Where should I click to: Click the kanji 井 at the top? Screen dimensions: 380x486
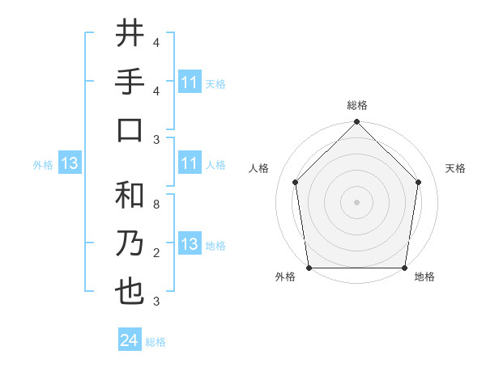(x=130, y=33)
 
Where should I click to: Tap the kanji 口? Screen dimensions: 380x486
(x=130, y=129)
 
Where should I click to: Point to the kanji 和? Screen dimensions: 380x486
(x=130, y=196)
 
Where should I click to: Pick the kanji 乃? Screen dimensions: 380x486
(x=130, y=244)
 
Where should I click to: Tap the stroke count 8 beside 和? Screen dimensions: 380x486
(x=156, y=205)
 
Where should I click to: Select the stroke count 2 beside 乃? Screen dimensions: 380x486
(x=156, y=253)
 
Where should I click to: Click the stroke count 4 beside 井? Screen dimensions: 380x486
(x=156, y=42)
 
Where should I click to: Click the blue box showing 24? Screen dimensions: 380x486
(x=129, y=340)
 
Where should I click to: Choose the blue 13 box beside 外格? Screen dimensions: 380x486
(x=69, y=164)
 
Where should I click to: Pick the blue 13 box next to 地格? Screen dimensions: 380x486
(x=189, y=245)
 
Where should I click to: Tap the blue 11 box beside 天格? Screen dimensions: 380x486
(x=189, y=82)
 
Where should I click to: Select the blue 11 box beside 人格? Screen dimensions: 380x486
(x=189, y=164)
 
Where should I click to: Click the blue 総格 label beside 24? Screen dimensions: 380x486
(x=156, y=342)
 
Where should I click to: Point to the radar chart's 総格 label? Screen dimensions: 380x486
(x=356, y=105)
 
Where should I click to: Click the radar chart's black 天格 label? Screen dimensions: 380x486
(x=456, y=168)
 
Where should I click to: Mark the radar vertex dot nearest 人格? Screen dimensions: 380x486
(x=296, y=182)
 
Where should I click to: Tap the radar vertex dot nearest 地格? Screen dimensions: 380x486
(x=405, y=268)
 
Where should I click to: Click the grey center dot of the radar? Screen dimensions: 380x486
(x=356, y=201)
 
